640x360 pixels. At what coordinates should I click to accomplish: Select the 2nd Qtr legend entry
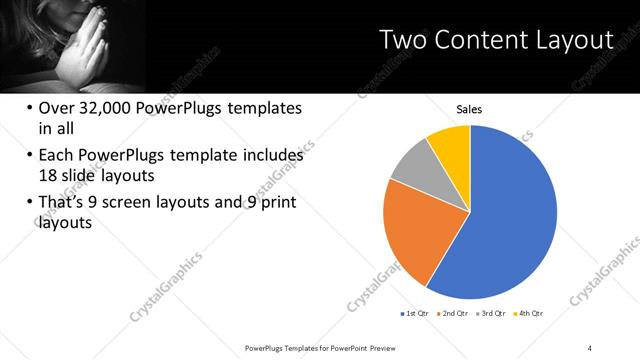point(454,313)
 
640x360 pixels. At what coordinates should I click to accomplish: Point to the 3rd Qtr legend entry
point(492,313)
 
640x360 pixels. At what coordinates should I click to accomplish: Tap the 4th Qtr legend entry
point(529,313)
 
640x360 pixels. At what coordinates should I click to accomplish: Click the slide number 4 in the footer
point(590,347)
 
